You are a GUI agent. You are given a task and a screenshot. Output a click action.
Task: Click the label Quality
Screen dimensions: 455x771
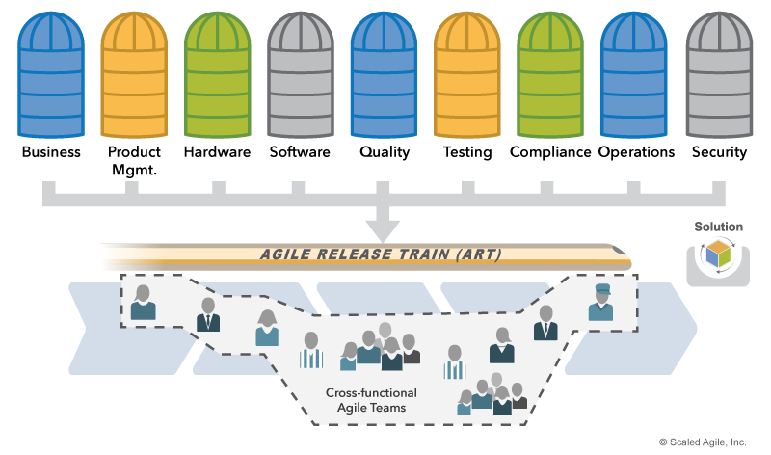pyautogui.click(x=385, y=152)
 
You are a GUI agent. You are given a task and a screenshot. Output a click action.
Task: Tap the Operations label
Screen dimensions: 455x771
pyautogui.click(x=636, y=152)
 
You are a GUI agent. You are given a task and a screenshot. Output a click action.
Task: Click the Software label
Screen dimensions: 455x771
pyautogui.click(x=300, y=152)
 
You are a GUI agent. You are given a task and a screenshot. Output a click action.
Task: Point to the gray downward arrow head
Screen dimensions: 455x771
pyautogui.click(x=385, y=230)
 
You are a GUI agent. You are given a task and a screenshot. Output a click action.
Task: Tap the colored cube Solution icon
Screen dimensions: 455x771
pyautogui.click(x=718, y=256)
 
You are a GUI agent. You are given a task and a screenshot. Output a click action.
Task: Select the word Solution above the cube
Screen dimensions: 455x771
pyautogui.click(x=718, y=227)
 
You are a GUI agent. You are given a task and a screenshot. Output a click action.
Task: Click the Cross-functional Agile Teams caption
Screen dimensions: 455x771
pyautogui.click(x=371, y=400)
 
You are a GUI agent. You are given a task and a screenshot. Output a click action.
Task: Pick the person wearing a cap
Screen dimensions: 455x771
pyautogui.click(x=599, y=302)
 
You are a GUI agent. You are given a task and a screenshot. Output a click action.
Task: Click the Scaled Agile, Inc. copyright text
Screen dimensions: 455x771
pyautogui.click(x=703, y=442)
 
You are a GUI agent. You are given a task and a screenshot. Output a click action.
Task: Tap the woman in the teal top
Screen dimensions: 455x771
pyautogui.click(x=267, y=328)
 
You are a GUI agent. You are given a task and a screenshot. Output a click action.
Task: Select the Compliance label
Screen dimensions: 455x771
pyautogui.click(x=550, y=152)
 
